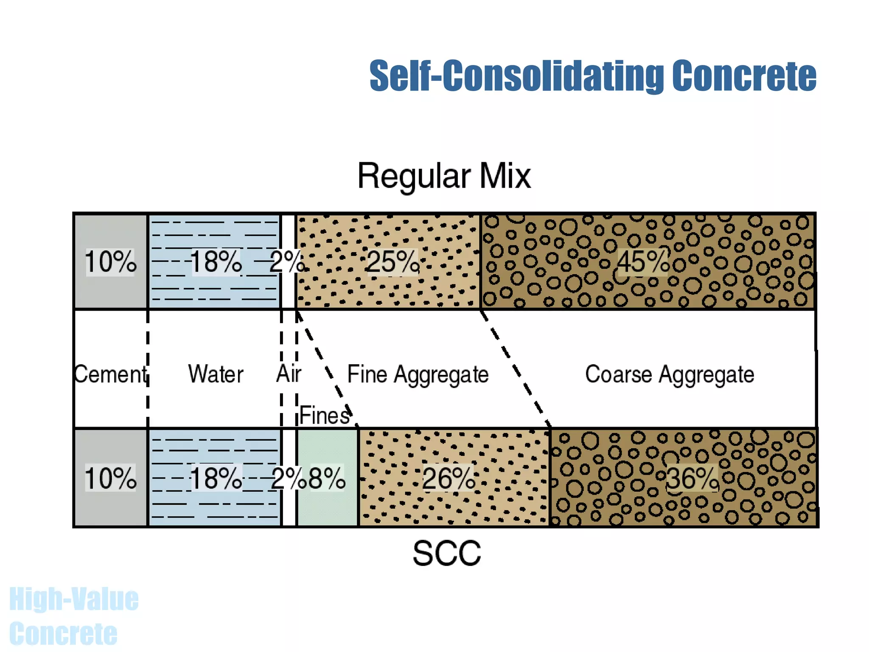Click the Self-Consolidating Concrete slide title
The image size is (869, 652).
coord(592,76)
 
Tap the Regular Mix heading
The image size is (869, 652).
coord(444,176)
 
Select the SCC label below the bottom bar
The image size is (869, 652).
coord(447,553)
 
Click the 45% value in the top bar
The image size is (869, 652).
coord(642,261)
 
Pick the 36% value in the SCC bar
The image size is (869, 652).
coord(692,478)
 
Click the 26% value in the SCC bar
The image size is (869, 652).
coord(449,478)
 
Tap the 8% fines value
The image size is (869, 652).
coord(327,478)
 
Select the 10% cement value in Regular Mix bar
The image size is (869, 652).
coord(110,261)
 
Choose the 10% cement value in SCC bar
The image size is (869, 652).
coord(110,478)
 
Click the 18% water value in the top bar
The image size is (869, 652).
coord(216,261)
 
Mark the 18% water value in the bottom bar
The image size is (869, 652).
coord(216,478)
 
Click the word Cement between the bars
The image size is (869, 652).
coord(110,374)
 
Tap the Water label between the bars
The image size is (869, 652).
coord(216,374)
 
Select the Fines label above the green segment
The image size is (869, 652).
coord(325,416)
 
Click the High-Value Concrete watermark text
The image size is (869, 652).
coord(73,615)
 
